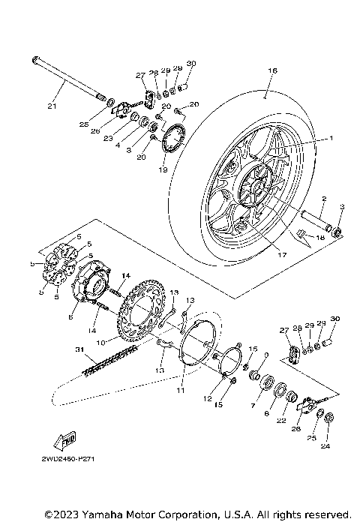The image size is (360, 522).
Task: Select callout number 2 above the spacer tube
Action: [323, 199]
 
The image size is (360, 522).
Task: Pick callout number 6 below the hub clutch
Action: [70, 318]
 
